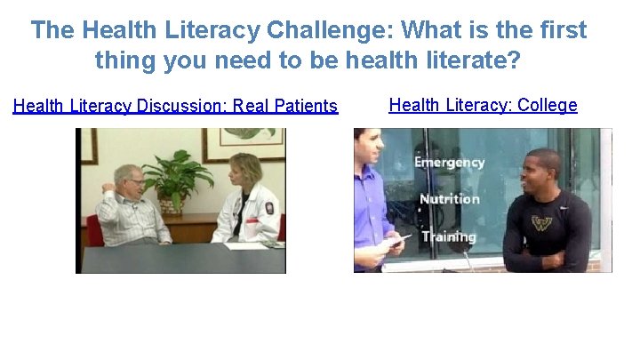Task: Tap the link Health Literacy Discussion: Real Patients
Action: pos(175,107)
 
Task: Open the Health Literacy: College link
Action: pos(483,106)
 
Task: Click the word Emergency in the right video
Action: pos(449,163)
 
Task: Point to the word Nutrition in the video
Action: pos(449,199)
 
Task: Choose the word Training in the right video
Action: pos(448,236)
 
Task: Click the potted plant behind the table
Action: pos(178,178)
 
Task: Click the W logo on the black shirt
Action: pos(541,222)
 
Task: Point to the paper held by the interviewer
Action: pos(392,240)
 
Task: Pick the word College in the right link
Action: pos(547,106)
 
